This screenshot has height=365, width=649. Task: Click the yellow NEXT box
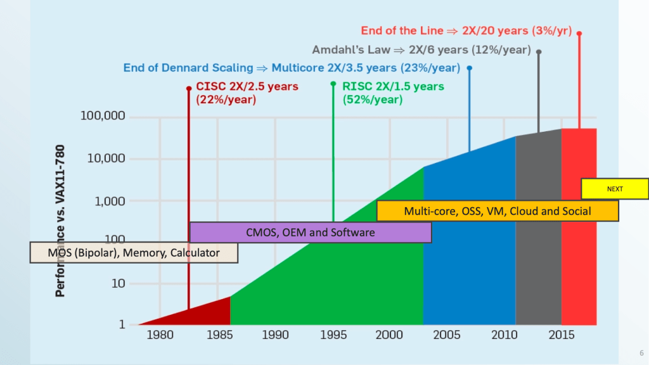pos(614,189)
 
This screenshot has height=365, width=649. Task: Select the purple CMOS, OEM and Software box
pos(310,233)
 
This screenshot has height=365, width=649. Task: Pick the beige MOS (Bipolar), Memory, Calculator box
pos(134,253)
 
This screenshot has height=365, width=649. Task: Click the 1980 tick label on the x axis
pos(159,335)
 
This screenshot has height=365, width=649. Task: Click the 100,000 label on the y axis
pos(103,117)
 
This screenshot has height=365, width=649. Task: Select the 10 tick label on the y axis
pos(118,283)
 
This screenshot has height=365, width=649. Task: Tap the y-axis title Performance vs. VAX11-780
pos(60,222)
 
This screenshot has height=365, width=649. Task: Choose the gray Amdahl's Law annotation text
pos(421,49)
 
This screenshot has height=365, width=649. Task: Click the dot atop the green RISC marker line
pos(333,84)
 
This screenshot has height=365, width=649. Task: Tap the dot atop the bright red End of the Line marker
pos(579,33)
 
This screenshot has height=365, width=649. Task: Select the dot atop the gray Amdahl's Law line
pos(539,52)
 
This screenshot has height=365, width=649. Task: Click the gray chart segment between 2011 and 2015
pos(538,234)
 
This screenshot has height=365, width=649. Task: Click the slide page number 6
pos(641,354)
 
